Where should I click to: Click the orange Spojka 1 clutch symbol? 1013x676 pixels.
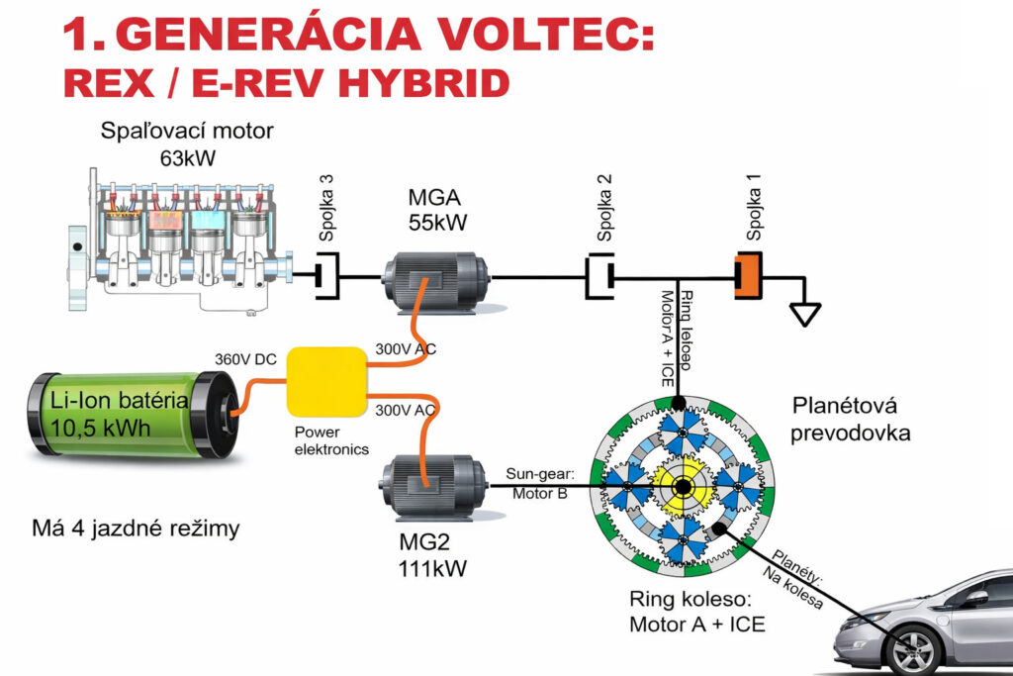[x=748, y=274]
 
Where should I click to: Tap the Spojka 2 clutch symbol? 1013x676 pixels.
[x=599, y=274]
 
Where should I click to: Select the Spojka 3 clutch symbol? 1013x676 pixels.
[x=327, y=274]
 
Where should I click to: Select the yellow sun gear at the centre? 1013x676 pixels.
[x=683, y=487]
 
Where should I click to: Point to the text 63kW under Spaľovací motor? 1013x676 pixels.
[x=187, y=156]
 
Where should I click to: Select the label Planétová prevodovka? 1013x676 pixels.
[x=850, y=420]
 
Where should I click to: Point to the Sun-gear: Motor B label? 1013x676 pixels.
[x=537, y=484]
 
